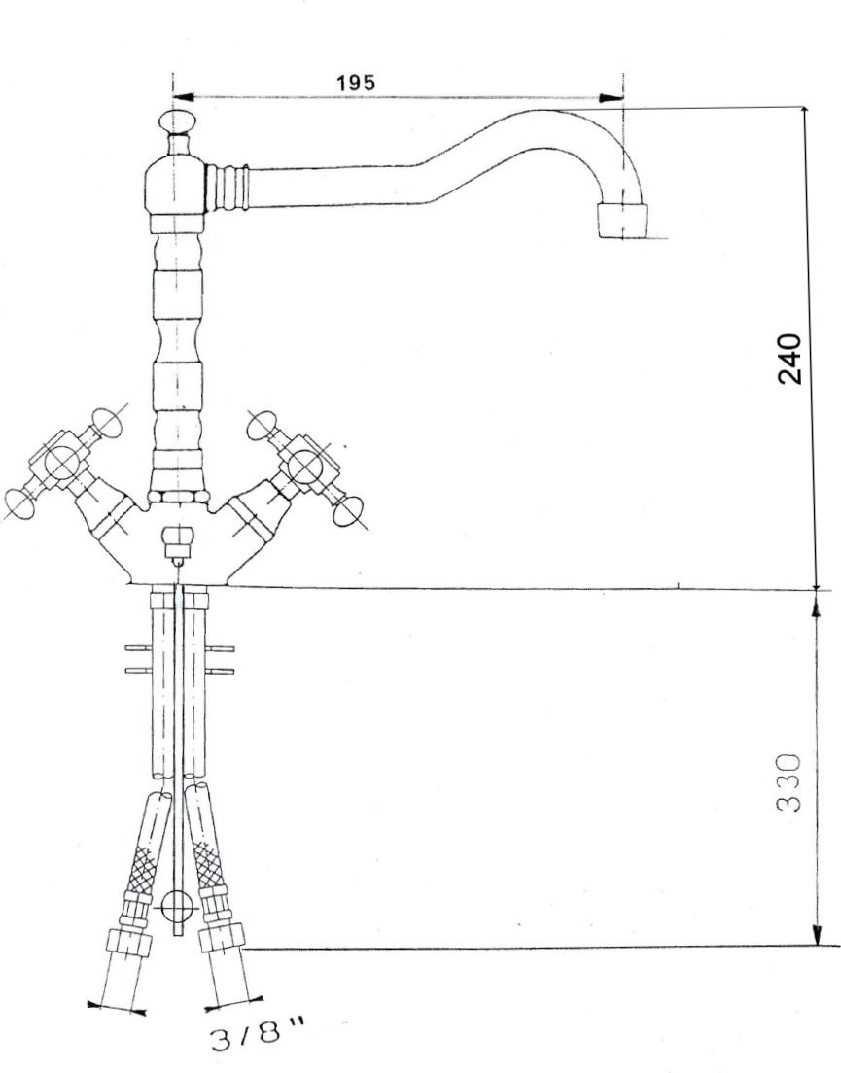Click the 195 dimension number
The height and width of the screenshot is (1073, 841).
[x=356, y=83]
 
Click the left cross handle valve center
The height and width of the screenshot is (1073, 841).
[x=62, y=462]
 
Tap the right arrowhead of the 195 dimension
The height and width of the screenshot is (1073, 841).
[x=613, y=97]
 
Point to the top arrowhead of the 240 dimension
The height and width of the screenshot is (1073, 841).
[x=805, y=115]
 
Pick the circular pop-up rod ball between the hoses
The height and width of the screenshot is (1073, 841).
[x=176, y=907]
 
